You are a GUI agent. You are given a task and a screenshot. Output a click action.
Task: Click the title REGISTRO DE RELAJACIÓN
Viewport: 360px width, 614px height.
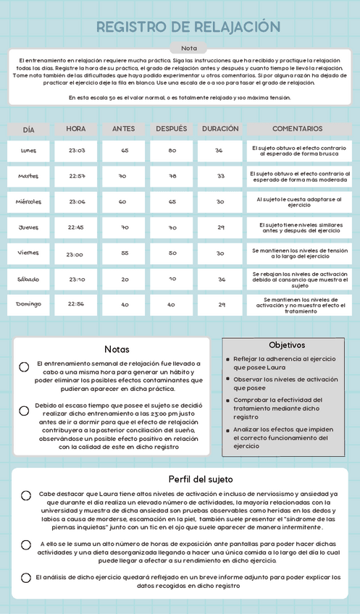click(188, 28)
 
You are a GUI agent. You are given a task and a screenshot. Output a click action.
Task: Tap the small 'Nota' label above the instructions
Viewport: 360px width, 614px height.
click(188, 48)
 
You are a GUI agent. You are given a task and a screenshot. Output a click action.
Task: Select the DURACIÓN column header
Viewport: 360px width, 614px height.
click(219, 129)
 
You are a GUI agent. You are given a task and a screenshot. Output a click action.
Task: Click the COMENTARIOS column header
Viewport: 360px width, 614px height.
click(298, 129)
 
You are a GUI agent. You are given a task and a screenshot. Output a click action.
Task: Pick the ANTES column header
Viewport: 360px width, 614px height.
click(124, 129)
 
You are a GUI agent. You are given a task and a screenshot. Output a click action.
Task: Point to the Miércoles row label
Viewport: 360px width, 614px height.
click(28, 202)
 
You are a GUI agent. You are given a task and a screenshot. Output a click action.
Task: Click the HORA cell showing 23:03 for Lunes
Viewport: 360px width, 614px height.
click(77, 151)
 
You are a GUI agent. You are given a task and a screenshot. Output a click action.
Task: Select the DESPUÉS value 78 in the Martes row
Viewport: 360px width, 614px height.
click(172, 176)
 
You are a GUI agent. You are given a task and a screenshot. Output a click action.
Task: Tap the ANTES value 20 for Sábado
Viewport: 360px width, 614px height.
click(125, 279)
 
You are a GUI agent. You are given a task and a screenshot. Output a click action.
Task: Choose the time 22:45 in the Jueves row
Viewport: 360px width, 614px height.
click(75, 227)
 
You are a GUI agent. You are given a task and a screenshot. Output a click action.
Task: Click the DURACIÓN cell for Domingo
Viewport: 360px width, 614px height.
click(221, 305)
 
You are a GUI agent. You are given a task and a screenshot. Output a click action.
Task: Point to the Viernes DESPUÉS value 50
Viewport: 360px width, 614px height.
click(172, 253)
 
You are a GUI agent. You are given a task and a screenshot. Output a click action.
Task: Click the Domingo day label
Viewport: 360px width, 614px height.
click(28, 305)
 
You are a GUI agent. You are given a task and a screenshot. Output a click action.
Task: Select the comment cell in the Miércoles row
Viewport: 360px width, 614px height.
click(301, 202)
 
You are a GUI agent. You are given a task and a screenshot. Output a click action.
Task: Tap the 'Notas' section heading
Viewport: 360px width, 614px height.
click(117, 350)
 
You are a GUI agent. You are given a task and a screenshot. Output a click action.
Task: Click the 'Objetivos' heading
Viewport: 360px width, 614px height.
click(287, 345)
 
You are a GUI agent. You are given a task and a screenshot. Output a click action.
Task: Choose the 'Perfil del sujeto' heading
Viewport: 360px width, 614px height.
click(201, 479)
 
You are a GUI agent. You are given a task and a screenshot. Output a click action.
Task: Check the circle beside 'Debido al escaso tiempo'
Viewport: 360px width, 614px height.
click(24, 410)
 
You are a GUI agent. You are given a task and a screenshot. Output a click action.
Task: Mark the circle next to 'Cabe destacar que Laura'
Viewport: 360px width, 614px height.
click(26, 496)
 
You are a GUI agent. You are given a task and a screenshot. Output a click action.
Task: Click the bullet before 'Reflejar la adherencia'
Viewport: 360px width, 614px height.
click(227, 359)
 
